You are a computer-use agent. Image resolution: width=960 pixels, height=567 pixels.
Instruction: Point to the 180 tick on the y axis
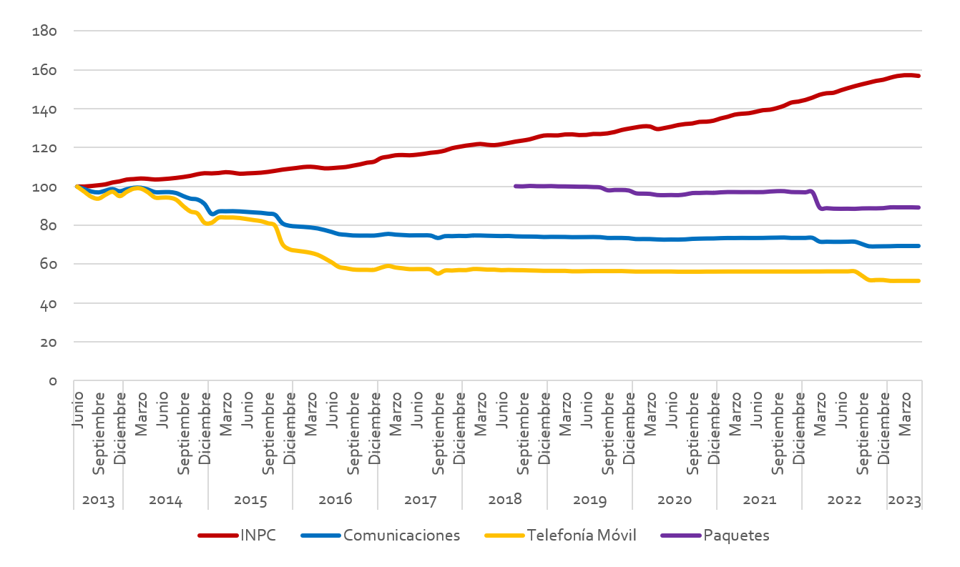coord(44,31)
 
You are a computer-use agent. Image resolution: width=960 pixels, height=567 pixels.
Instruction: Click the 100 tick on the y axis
coord(44,187)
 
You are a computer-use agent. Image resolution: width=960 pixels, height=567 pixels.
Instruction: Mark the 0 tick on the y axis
coord(52,381)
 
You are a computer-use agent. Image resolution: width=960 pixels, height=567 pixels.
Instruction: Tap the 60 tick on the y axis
coord(48,265)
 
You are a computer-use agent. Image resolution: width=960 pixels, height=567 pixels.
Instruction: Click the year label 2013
coord(98,499)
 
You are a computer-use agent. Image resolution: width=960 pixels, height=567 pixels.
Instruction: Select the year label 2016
coord(335,499)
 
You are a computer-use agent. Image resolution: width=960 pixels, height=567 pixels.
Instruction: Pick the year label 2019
coord(589,499)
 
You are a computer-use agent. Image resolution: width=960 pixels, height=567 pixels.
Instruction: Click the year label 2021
coord(759,499)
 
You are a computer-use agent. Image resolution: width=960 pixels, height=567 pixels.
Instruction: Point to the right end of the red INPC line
coord(919,76)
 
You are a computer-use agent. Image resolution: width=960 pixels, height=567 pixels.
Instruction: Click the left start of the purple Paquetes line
coord(516,186)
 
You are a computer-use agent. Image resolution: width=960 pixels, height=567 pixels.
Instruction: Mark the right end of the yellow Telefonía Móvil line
coord(919,281)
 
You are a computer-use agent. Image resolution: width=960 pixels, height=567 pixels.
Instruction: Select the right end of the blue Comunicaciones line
coord(919,246)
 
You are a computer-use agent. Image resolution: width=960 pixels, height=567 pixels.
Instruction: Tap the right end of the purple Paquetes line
coord(919,207)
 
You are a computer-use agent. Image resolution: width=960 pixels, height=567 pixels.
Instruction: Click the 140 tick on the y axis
coord(44,109)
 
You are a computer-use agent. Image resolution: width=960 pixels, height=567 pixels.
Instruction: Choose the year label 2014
coord(165,499)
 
